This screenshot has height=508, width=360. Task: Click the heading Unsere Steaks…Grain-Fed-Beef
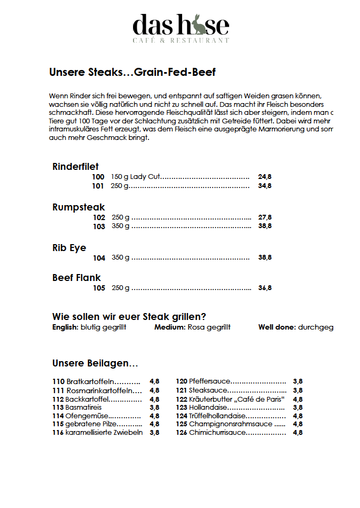132,72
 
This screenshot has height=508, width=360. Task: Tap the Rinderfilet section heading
75,167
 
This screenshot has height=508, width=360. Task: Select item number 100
98,177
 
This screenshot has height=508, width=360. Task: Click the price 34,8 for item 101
264,186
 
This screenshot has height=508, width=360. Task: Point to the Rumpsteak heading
79,207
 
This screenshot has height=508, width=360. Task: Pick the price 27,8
264,217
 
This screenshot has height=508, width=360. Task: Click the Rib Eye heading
69,248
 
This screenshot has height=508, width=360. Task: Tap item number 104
99,258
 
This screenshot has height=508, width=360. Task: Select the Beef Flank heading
76,278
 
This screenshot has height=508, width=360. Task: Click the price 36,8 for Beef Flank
264,288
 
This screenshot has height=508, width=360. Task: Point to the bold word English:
65,327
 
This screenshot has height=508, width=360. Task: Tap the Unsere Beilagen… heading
95,363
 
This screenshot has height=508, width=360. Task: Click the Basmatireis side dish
85,407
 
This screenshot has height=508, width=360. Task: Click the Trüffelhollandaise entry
217,416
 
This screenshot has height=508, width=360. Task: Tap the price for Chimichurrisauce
298,433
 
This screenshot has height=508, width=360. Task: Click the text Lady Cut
145,177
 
